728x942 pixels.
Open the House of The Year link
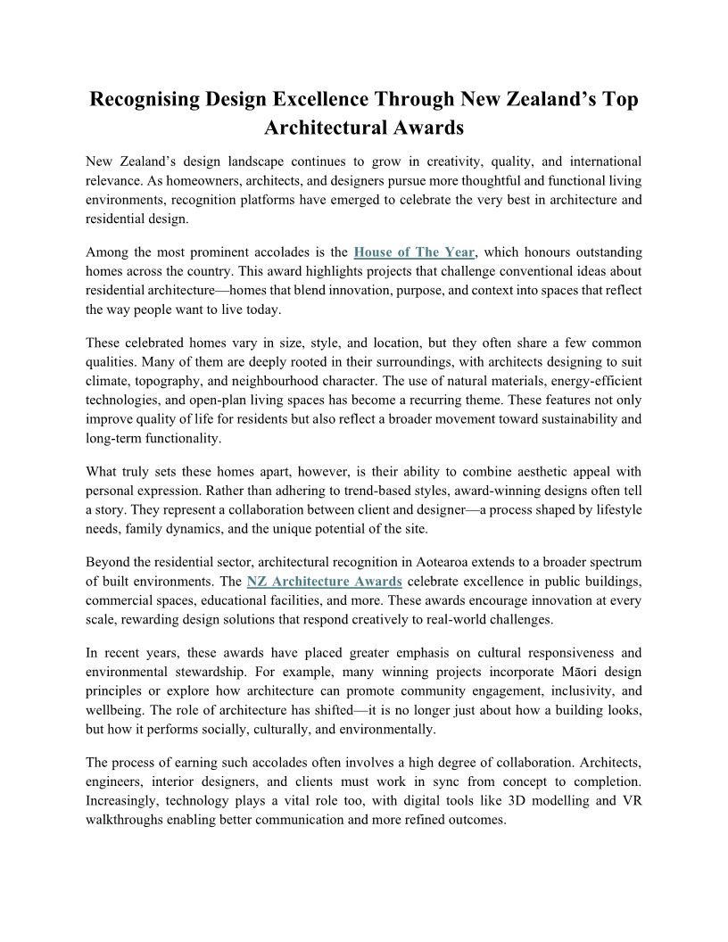click(415, 253)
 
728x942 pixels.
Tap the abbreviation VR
click(632, 801)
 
